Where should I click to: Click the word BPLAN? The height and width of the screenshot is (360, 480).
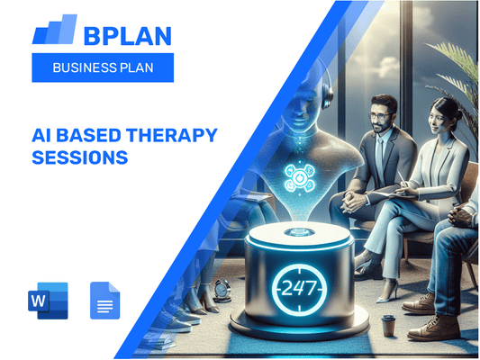point(125,33)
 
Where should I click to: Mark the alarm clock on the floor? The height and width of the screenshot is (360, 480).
point(222,290)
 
